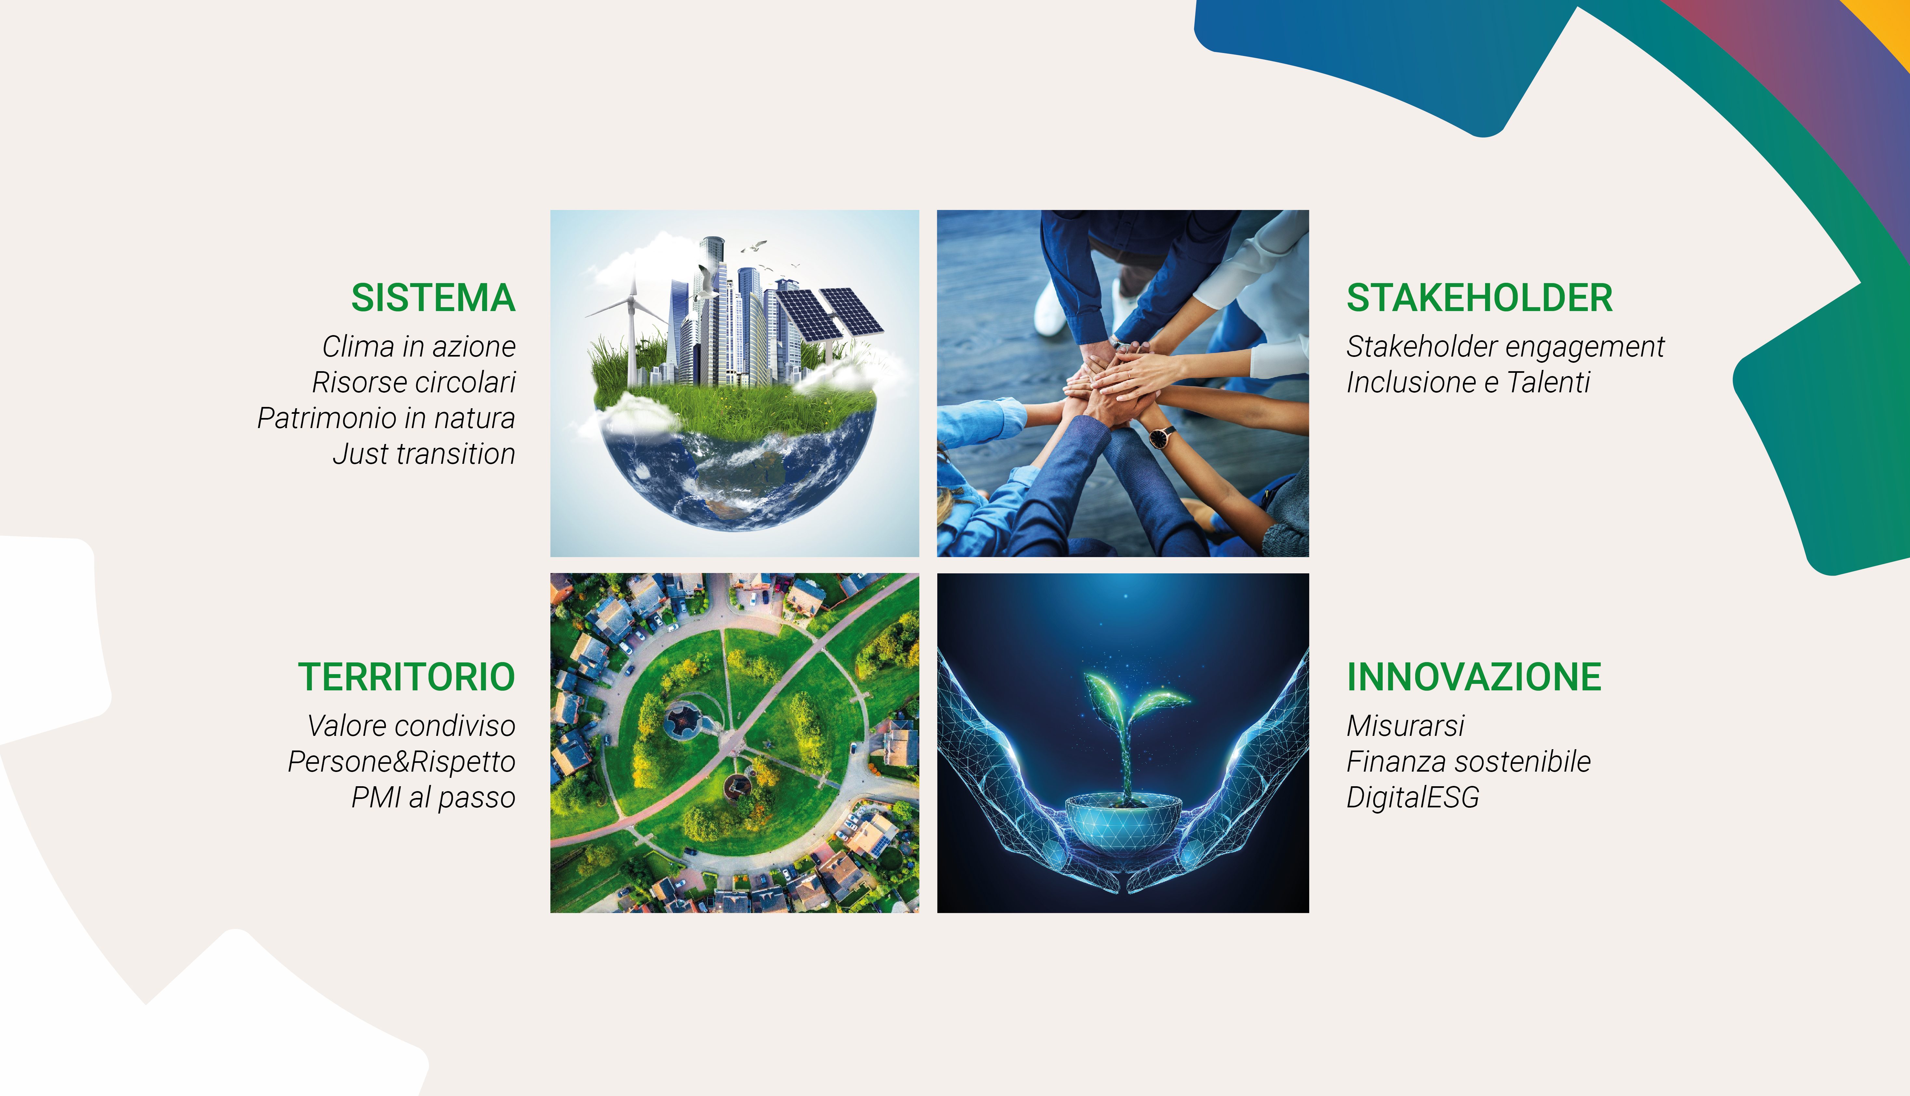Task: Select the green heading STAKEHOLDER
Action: pyautogui.click(x=1479, y=298)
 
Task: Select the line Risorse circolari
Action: pyautogui.click(x=414, y=382)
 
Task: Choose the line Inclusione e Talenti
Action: pyautogui.click(x=1468, y=382)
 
